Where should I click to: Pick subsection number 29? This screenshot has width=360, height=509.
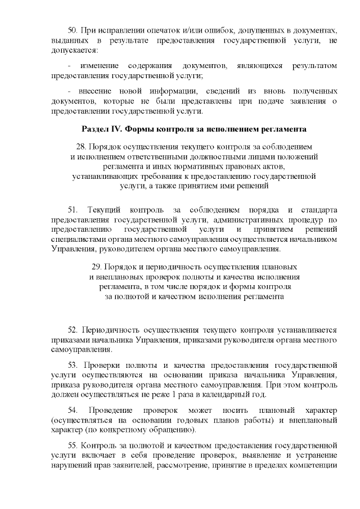96,267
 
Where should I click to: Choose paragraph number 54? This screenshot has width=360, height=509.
72,410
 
